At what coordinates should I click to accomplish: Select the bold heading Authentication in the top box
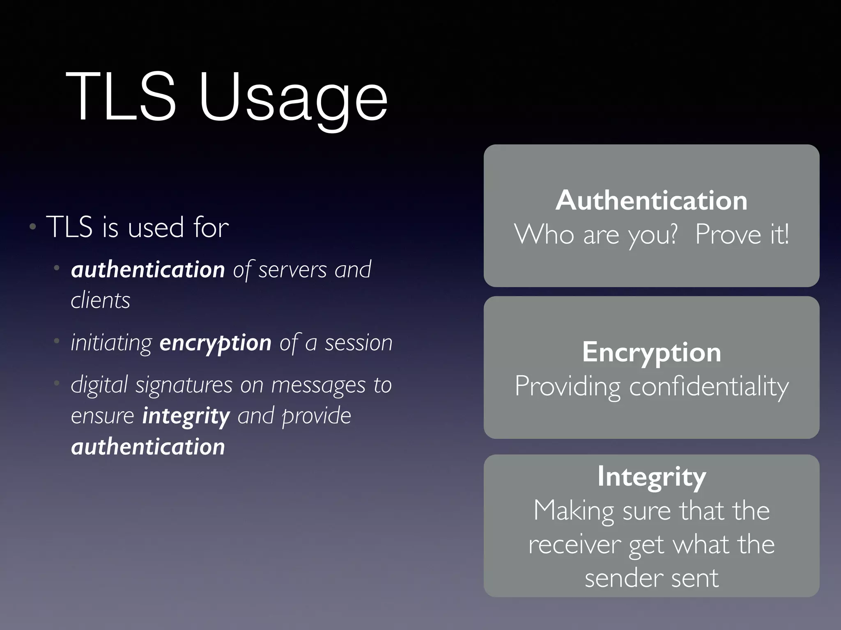[651, 201]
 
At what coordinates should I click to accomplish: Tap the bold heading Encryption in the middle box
[651, 352]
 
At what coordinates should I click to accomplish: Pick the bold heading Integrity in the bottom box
[651, 477]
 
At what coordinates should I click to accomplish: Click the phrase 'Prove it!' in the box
[742, 234]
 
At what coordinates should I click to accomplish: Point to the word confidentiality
[709, 386]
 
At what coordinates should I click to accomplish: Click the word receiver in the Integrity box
[574, 545]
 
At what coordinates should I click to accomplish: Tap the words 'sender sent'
[651, 578]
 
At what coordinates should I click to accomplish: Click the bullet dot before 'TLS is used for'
[33, 227]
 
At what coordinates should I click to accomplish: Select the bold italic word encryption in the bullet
[215, 342]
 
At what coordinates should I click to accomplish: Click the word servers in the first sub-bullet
[292, 270]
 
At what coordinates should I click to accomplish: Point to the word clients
[101, 301]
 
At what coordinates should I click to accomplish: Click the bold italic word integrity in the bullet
[186, 416]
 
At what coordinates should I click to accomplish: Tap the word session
[358, 343]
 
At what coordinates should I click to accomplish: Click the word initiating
[111, 343]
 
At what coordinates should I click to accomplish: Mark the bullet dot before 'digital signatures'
[57, 383]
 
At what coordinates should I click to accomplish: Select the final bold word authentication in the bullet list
[148, 447]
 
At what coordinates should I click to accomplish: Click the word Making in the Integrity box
[573, 511]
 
